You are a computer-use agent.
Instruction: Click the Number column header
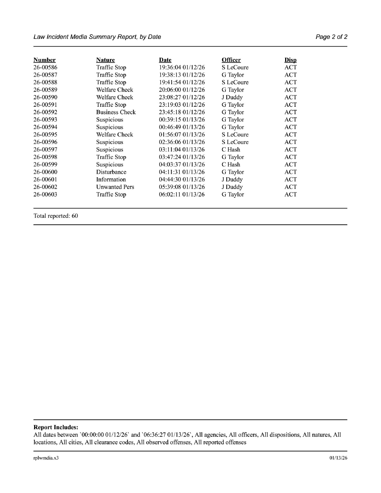click(x=45, y=60)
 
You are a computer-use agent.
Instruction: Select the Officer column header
click(x=231, y=60)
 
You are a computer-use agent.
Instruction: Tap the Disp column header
click(x=290, y=60)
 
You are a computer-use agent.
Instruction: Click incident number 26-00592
click(x=45, y=112)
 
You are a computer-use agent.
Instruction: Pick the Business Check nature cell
click(x=116, y=112)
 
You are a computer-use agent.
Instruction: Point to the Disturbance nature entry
click(x=111, y=172)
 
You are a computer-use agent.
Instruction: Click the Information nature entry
click(x=111, y=180)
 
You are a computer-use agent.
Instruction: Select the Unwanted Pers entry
click(x=115, y=187)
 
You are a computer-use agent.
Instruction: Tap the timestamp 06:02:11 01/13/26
click(x=182, y=195)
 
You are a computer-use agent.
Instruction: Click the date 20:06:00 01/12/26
click(x=182, y=90)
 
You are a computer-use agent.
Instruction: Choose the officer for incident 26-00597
click(x=231, y=150)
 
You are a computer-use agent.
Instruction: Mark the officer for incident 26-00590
click(x=232, y=97)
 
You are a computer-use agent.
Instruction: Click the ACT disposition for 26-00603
click(x=291, y=195)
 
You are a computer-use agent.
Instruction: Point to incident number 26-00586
click(x=45, y=67)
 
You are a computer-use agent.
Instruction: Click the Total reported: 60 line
click(x=56, y=216)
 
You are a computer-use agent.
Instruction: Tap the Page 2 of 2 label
click(x=331, y=37)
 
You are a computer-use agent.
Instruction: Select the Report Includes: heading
click(x=56, y=427)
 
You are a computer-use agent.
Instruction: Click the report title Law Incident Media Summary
click(x=97, y=37)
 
